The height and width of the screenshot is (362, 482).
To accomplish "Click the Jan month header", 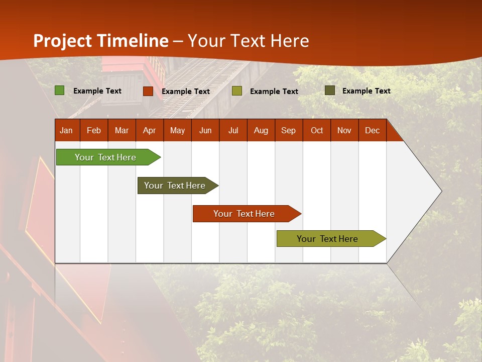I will coord(66,131).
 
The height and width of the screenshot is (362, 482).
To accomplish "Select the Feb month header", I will coord(94,131).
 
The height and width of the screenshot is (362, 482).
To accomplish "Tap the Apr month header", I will coord(149,131).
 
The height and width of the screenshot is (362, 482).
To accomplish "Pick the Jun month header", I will coord(205,131).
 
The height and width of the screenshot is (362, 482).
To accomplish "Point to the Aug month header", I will coord(261,131).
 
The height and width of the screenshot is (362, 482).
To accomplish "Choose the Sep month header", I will coord(289,131).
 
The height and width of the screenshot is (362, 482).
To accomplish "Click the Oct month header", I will coord(317,131).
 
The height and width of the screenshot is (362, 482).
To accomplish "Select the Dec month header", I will coord(372,131).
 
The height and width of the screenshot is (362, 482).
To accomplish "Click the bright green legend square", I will coord(60,90).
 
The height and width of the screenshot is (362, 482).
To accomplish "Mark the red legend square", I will coord(148,91).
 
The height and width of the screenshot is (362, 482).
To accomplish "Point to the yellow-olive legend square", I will coord(237,91).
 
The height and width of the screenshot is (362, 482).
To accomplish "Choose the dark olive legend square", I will coord(330,90).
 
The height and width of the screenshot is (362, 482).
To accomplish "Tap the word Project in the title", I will coord(63,41).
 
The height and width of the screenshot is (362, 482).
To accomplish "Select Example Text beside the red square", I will coord(186,92).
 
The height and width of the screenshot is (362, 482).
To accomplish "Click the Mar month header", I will coord(122,131).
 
